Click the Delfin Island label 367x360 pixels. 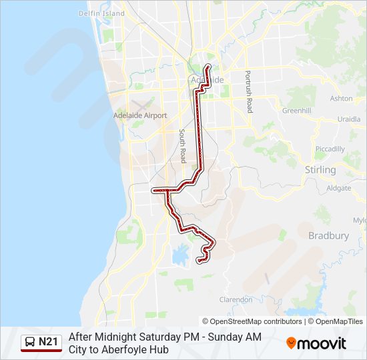coord(101,13)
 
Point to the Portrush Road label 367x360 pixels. coord(248,91)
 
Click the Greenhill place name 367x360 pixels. coord(297,111)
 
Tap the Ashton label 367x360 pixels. coord(341,98)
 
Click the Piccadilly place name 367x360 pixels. coord(330,149)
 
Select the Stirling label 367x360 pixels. coord(320,170)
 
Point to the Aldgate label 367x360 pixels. coord(339,188)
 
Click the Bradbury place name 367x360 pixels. coord(328,235)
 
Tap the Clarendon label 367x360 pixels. coord(236,300)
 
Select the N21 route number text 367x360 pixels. coord(48,343)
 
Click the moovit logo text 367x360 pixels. coord(322,343)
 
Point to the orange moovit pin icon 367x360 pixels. coord(291,343)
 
